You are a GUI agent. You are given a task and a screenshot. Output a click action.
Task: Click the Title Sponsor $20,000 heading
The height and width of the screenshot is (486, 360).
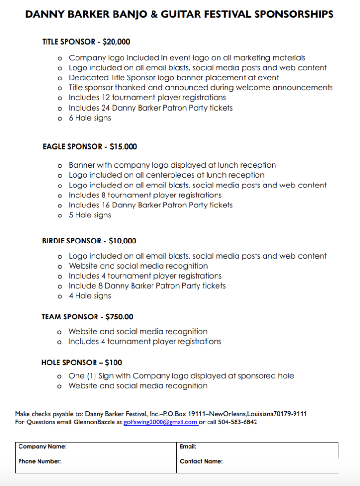click(x=86, y=42)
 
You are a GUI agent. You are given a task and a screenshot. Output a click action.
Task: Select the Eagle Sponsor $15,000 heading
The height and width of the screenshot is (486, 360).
click(x=90, y=147)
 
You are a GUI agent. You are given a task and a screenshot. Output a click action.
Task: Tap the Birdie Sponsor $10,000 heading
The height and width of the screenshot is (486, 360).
click(x=89, y=241)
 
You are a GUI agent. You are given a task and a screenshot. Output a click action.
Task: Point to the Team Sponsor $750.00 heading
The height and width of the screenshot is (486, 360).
click(x=87, y=317)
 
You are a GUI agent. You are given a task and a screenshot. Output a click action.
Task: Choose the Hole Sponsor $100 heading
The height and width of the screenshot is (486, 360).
click(x=82, y=363)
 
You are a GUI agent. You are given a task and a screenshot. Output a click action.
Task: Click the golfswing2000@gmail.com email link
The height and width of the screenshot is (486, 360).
click(x=161, y=422)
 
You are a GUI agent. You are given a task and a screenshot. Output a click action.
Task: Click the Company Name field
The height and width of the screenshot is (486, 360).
click(x=95, y=450)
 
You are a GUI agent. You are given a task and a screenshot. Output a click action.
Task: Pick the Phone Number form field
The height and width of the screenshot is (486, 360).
click(x=95, y=465)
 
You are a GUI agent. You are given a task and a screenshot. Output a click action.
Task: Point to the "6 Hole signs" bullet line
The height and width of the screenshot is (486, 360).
click(x=90, y=118)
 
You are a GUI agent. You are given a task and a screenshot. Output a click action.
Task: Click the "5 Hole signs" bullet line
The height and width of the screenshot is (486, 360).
click(x=90, y=215)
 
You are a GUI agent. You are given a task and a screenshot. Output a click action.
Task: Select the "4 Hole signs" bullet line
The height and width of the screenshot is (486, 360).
click(x=90, y=296)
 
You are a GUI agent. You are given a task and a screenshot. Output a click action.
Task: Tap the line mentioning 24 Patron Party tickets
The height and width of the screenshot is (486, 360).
click(x=151, y=108)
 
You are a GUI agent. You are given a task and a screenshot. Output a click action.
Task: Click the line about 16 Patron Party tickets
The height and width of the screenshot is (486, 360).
click(x=151, y=205)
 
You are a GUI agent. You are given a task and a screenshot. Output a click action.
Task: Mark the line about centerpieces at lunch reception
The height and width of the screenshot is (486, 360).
click(x=166, y=175)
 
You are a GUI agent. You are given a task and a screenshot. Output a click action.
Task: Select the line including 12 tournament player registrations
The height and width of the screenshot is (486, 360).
click(x=147, y=98)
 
